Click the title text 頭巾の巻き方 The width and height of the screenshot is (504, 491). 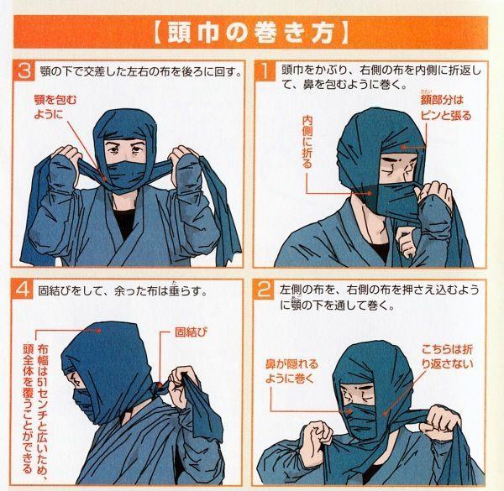point(250,33)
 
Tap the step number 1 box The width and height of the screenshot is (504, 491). point(265,71)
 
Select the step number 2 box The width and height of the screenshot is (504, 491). point(265,290)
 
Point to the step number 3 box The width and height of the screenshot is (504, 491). point(24,71)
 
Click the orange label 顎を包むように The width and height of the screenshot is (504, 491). point(55,107)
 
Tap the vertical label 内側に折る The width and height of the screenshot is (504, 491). point(307,142)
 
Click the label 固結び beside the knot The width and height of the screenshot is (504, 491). point(191,332)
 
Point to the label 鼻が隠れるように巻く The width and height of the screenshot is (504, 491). point(291,371)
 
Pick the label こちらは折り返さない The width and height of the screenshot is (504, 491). point(447,357)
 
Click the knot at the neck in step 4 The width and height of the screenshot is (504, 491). point(160,388)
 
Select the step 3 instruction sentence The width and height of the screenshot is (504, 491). point(140,71)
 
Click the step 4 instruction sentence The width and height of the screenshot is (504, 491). point(122,290)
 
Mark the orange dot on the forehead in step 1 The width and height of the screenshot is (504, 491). point(402,148)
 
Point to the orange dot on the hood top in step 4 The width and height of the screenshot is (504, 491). point(99,330)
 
